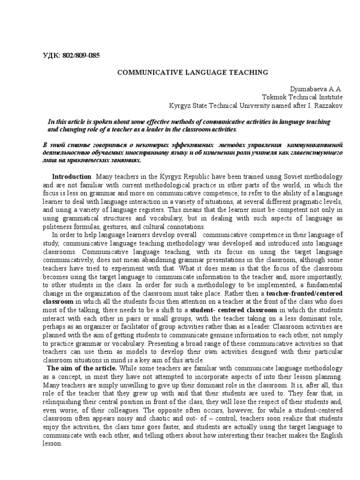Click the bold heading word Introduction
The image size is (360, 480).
(71, 177)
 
